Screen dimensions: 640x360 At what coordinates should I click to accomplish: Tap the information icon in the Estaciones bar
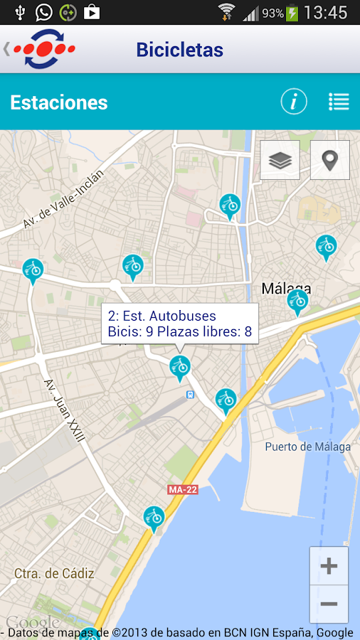coord(294,102)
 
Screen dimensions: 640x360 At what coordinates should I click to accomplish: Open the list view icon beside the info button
coord(339,102)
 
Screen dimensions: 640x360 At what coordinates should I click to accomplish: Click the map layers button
coord(280,160)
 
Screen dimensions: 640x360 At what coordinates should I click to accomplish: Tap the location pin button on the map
coord(329,160)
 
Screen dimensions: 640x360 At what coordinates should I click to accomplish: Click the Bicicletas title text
coord(179,50)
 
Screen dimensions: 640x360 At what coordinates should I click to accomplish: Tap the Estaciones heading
coord(59,102)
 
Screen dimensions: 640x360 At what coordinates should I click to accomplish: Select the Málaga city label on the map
coord(287,288)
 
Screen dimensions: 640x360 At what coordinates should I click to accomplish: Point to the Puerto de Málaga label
coord(307,447)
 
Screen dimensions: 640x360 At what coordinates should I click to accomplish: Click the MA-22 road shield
coord(182,490)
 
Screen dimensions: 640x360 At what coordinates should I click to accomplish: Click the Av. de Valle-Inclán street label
coord(63,199)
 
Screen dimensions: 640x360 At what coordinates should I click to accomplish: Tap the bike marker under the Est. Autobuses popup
coord(180,367)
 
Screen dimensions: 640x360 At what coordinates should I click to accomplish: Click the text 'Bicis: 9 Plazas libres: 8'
coord(180,331)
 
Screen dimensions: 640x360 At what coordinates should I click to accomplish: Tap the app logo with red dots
coord(44,50)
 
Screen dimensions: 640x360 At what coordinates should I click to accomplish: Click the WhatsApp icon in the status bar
coord(43,12)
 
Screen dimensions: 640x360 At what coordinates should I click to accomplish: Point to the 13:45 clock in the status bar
coord(325,13)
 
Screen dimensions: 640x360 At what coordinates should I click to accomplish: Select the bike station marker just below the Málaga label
coord(298,302)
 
